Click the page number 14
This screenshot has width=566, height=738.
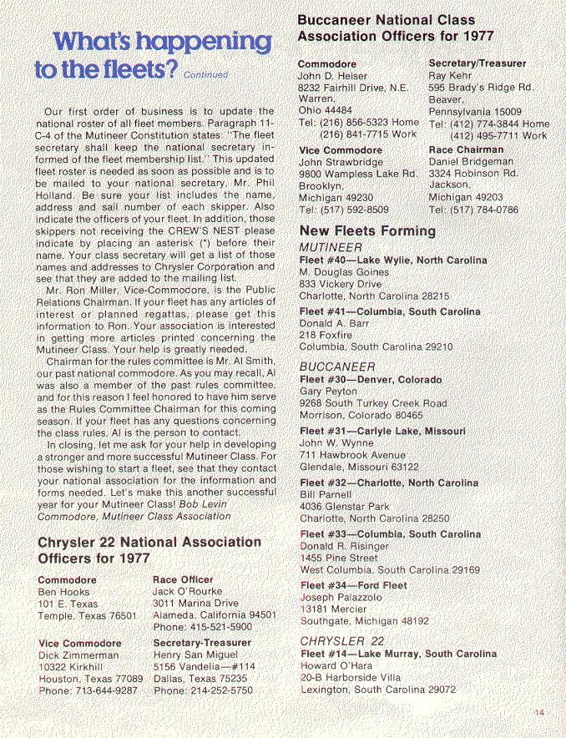click(x=538, y=711)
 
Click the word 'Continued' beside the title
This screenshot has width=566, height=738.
click(x=205, y=74)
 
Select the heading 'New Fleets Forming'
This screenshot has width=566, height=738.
click(x=366, y=230)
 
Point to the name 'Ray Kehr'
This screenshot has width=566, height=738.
click(x=451, y=75)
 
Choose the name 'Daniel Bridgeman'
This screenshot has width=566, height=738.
click(x=473, y=161)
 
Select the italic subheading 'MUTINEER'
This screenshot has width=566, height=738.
click(x=331, y=248)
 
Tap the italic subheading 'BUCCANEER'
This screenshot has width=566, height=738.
click(x=336, y=366)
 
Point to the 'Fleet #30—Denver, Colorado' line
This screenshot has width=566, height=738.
click(x=370, y=379)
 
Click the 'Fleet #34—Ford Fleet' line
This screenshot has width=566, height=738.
click(x=353, y=585)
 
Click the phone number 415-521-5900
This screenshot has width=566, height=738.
click(x=219, y=627)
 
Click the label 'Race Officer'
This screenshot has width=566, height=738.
click(x=184, y=579)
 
